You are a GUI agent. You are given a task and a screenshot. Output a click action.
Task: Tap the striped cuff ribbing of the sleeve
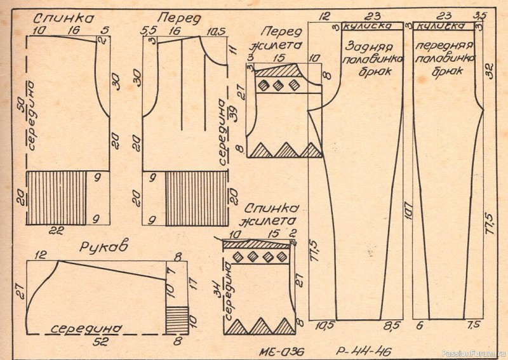(x=177, y=319)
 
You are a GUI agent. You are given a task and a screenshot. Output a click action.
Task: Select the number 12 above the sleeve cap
(x=43, y=255)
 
